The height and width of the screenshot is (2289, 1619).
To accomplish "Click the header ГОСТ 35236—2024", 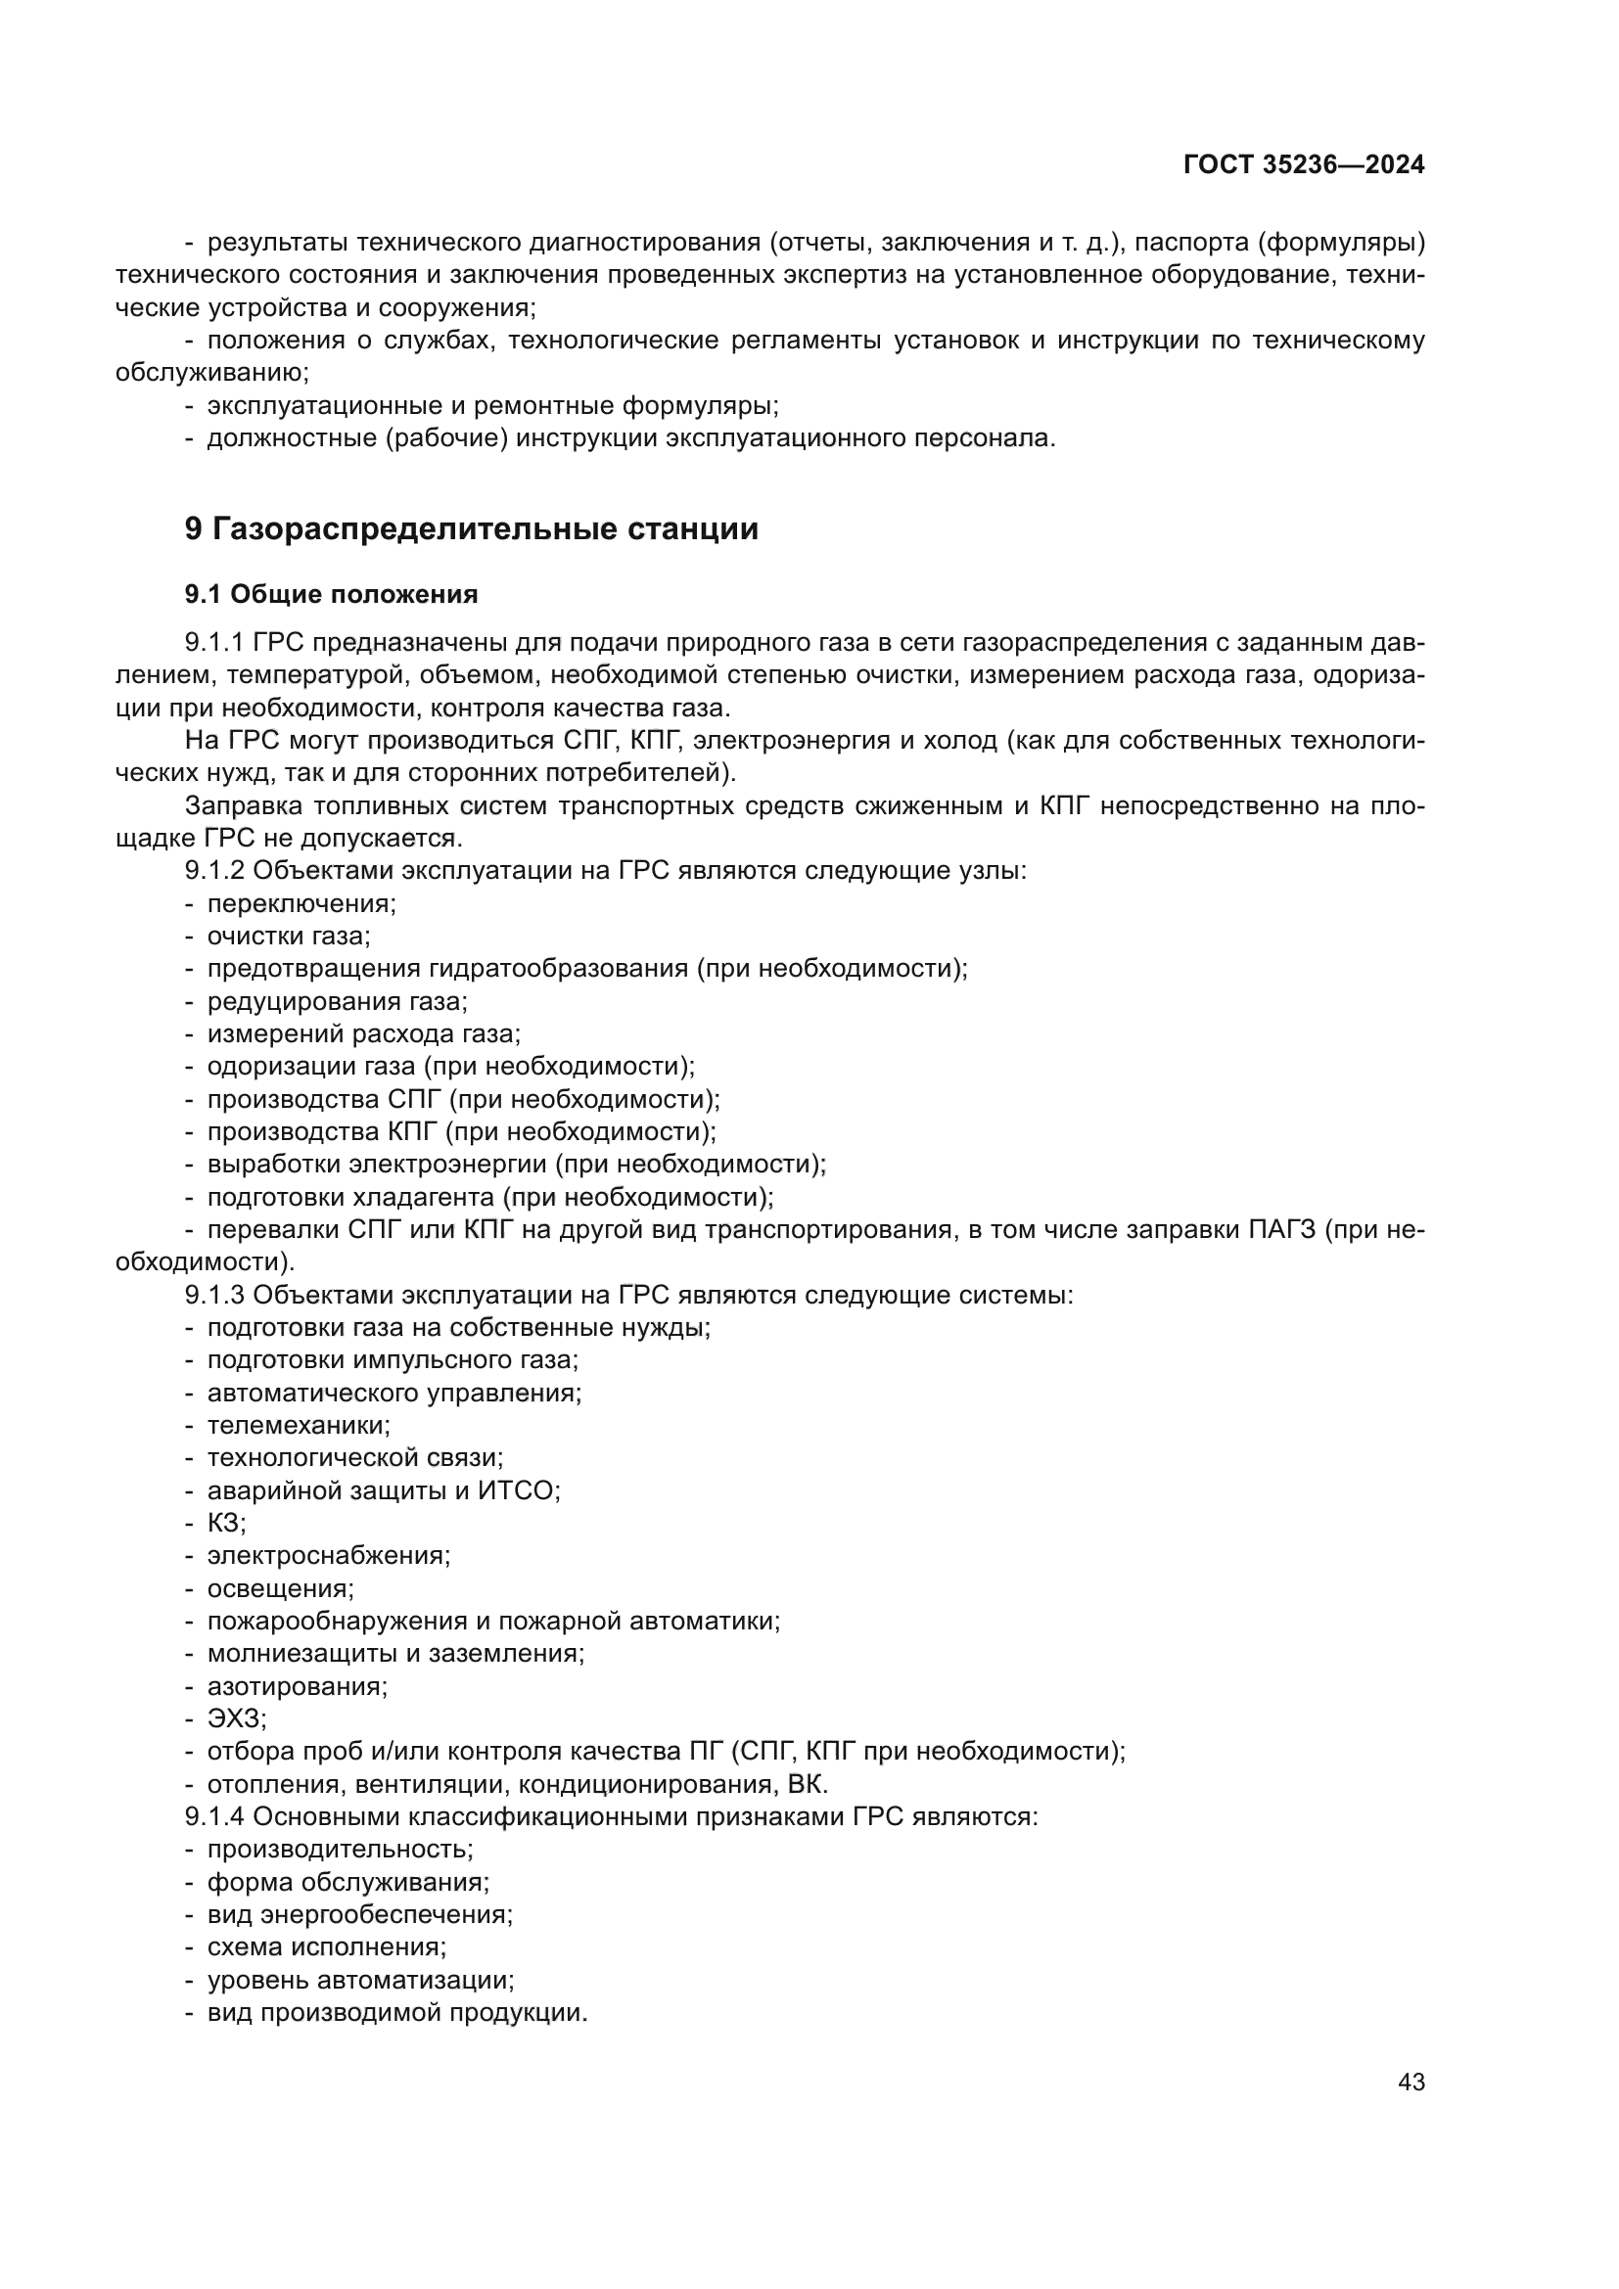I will tap(1303, 165).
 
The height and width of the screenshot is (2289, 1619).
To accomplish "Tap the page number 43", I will tap(1411, 2082).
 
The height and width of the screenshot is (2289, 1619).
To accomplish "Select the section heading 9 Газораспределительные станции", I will tap(472, 528).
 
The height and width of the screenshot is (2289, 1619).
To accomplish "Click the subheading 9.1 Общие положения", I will tap(331, 594).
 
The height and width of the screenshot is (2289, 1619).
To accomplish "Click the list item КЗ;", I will tap(226, 1524).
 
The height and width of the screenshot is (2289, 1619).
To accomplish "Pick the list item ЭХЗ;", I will tap(236, 1718).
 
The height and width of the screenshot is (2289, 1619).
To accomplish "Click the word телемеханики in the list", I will tap(299, 1426).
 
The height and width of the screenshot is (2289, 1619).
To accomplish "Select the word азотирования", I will tap(296, 1687).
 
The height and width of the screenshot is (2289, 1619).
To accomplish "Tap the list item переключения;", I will tap(301, 904).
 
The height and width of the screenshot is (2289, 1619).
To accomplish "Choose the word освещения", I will tap(279, 1588).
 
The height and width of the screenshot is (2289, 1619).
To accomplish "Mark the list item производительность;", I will tap(340, 1850).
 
